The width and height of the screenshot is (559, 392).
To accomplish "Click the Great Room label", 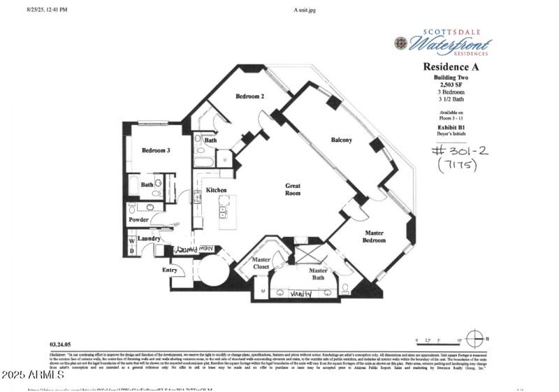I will pyautogui.click(x=293, y=189).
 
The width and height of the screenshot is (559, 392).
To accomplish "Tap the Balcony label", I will pyautogui.click(x=341, y=140).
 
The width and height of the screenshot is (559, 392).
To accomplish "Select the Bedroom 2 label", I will pyautogui.click(x=249, y=96).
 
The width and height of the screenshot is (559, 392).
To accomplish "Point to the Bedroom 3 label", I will pyautogui.click(x=156, y=150).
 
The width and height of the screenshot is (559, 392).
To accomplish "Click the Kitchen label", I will pyautogui.click(x=216, y=190).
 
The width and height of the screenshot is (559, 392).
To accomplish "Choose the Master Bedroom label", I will pyautogui.click(x=374, y=236).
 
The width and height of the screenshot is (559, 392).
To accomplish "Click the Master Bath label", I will pyautogui.click(x=318, y=275).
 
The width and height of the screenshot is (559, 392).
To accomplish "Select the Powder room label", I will pyautogui.click(x=138, y=220).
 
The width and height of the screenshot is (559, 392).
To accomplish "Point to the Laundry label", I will pyautogui.click(x=149, y=239).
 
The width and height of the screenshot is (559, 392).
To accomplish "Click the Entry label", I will pyautogui.click(x=170, y=270).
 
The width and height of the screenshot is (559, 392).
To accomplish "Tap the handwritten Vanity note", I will pyautogui.click(x=301, y=294).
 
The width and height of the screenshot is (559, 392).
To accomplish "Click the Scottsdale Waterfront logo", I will pyautogui.click(x=443, y=43).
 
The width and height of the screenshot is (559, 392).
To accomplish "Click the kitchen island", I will pyautogui.click(x=226, y=212).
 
